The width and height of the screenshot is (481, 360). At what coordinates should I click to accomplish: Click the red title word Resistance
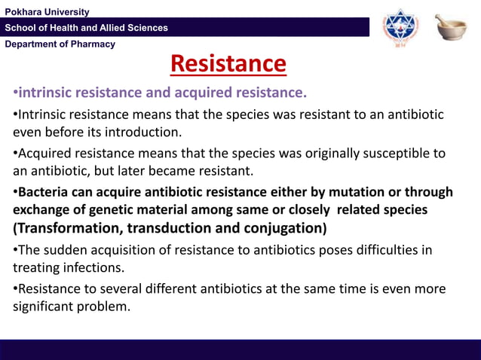coord(228,64)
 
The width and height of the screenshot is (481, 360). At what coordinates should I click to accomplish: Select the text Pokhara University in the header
coord(47,12)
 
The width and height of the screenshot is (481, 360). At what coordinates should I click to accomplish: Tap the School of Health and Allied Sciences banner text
coord(87,28)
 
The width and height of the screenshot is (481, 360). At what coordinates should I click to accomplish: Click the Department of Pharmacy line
coord(60,44)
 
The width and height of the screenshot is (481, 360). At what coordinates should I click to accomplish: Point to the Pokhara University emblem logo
coord(399,29)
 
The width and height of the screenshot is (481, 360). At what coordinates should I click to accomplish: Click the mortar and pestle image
coord(450,28)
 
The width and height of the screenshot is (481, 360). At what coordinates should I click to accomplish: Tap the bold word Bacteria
coord(44,192)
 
